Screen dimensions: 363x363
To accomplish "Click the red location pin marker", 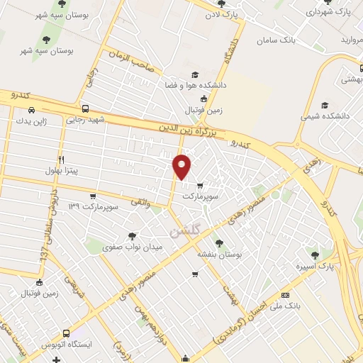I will (183, 166).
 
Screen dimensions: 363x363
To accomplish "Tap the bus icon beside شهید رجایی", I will (85, 109).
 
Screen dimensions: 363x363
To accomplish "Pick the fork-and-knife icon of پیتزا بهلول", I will (61, 160).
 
